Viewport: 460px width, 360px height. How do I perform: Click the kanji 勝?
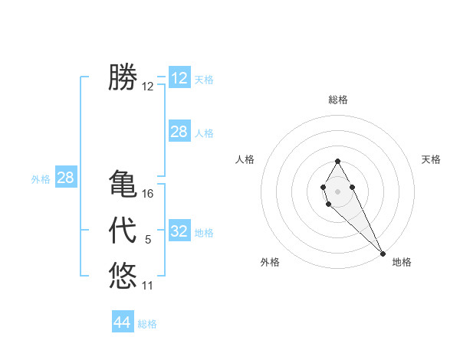123,77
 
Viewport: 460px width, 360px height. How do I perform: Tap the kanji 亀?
123,185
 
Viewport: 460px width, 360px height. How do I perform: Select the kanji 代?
123,231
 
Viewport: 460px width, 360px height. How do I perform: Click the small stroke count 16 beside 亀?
148,194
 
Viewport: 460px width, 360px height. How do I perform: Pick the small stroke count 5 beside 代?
148,240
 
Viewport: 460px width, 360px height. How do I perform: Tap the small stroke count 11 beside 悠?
148,286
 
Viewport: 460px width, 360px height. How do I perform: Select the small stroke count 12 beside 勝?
148,87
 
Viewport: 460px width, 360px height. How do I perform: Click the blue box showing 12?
179,78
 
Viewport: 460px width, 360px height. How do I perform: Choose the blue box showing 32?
179,231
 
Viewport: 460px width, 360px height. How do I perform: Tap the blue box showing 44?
123,322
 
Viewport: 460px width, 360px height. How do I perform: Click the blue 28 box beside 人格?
179,132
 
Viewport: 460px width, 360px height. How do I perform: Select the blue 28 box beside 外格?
66,178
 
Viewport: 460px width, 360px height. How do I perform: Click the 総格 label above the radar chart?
338,100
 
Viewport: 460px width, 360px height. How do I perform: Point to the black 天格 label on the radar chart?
431,159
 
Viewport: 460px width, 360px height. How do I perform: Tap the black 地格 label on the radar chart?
402,262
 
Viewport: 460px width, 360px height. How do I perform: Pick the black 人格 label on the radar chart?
245,159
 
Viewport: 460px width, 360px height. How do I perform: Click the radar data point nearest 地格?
382,253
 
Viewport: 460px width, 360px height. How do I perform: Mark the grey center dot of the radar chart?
337,190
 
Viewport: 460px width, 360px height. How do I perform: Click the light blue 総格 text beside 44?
147,324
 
